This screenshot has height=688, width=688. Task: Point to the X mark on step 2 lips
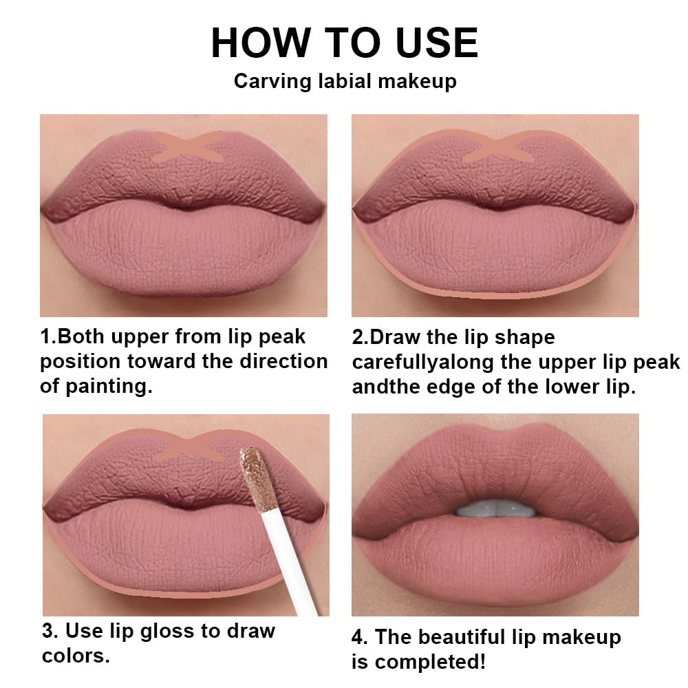coord(499,147)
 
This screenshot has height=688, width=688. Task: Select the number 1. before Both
coord(48,337)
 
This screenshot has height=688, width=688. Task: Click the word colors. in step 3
coord(76,655)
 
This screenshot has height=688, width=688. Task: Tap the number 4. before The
coord(361,637)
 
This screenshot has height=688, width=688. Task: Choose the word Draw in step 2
coord(396,338)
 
